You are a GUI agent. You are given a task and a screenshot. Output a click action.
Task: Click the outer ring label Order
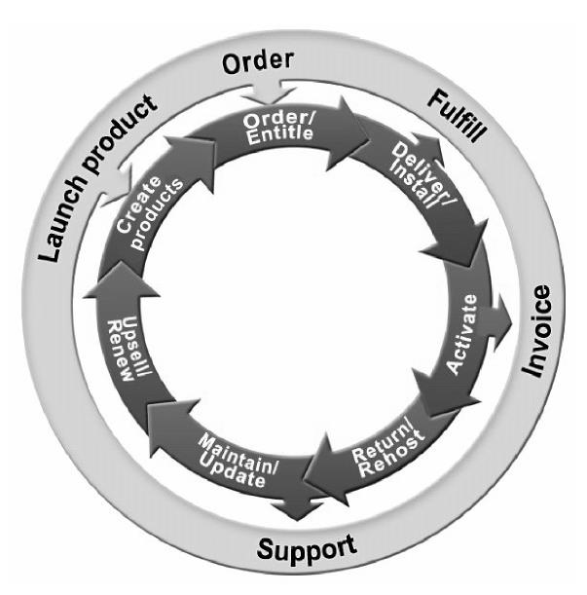pyautogui.click(x=257, y=63)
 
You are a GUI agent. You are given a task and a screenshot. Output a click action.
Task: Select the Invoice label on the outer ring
pyautogui.click(x=537, y=331)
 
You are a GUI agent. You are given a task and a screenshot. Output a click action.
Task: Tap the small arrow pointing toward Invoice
pyautogui.click(x=500, y=319)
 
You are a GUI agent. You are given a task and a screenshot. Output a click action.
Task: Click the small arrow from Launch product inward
pyautogui.click(x=117, y=181)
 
